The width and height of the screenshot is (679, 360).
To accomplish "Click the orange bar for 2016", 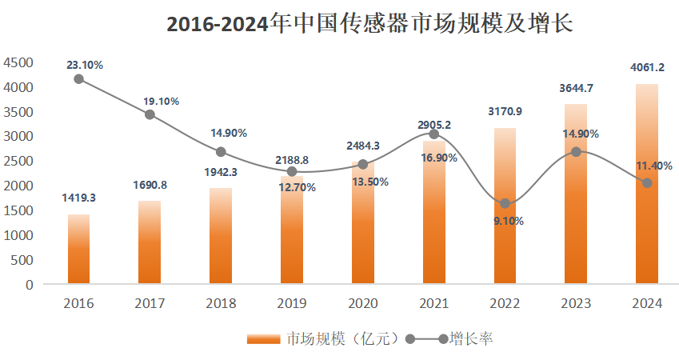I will coord(78,249).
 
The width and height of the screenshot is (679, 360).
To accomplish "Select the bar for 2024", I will coord(647,184).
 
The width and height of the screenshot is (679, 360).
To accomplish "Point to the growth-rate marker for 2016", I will coord(78,78).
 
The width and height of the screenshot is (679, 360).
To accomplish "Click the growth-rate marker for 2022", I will coord(505,203).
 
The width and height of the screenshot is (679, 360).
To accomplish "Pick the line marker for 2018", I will coord(221,152).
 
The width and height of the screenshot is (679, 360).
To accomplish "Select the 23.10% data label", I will coord(85,65).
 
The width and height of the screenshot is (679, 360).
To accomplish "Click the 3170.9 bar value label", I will coord(505,111).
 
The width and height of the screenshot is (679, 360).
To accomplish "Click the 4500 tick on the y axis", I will coord(18,62).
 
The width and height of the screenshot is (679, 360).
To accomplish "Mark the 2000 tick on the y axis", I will coord(18,186).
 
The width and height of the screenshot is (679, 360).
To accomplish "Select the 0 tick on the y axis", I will coord(29,284).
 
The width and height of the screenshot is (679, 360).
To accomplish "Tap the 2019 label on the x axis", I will coord(291,304).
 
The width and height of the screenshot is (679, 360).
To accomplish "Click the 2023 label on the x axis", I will coord(576,304).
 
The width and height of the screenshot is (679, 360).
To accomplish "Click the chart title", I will coord(369,24).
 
